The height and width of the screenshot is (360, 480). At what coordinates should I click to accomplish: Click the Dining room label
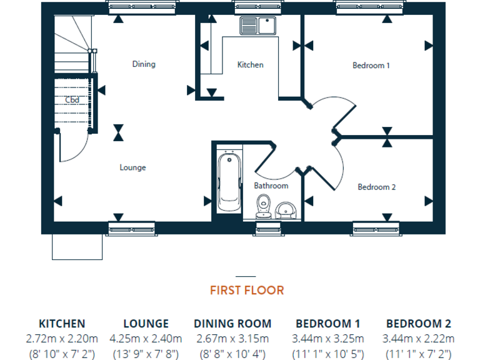point(144,64)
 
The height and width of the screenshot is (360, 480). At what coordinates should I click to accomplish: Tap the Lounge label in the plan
point(132,167)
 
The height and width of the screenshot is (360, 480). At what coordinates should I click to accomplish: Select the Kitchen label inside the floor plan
point(250,65)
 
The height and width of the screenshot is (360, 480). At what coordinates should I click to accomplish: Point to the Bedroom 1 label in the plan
point(371,65)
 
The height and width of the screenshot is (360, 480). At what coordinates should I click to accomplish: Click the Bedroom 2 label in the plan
point(376,187)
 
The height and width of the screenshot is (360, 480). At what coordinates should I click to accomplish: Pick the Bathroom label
point(271,186)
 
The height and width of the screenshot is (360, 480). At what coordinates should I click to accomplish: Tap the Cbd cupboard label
point(72,99)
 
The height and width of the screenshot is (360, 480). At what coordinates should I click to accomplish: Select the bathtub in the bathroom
point(229,183)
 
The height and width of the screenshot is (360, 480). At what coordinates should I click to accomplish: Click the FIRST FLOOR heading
point(246,291)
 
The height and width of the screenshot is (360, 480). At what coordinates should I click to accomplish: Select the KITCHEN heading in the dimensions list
point(62,324)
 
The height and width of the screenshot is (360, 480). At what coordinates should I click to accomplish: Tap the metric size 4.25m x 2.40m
point(146,339)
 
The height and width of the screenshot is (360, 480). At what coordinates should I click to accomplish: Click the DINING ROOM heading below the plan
point(232,324)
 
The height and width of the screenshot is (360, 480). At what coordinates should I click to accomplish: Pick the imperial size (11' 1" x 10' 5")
point(327,354)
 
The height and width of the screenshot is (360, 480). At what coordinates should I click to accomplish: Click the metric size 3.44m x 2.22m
point(418,339)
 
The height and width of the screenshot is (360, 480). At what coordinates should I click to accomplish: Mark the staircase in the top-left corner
point(72,44)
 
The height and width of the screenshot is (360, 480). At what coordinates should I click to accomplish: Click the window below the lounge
point(132,229)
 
